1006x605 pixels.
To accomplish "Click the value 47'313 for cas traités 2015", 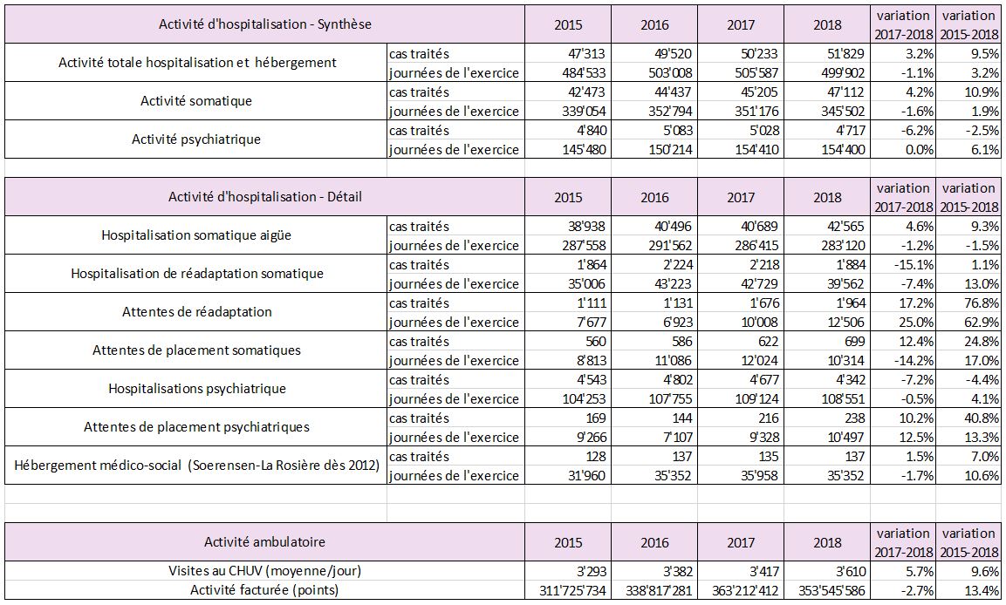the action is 583,53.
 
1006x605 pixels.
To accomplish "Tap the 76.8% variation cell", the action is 982,302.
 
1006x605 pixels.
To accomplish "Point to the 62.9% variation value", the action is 982,322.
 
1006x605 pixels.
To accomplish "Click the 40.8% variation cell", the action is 982,418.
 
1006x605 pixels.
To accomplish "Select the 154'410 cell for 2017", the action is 757,149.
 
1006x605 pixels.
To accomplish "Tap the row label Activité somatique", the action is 196,101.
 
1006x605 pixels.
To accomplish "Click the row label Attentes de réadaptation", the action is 197,312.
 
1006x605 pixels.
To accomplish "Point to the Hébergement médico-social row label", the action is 197,466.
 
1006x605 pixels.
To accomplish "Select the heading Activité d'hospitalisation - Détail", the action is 265,197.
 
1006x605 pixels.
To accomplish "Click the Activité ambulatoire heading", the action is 264,542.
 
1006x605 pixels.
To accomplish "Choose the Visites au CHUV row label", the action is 264,570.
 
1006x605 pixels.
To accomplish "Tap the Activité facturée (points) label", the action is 264,590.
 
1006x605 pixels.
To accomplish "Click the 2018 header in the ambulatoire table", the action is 827,543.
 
